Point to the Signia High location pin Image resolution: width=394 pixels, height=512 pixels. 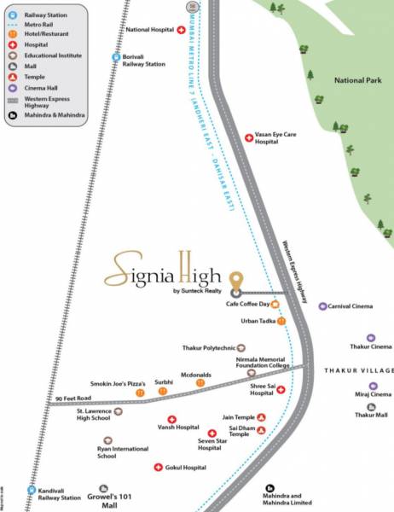click(x=237, y=280)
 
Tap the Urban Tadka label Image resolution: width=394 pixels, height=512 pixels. click(x=257, y=322)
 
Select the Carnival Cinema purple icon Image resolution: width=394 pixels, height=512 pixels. click(x=322, y=305)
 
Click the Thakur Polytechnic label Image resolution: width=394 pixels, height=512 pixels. click(x=208, y=348)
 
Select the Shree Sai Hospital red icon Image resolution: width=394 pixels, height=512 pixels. click(x=281, y=389)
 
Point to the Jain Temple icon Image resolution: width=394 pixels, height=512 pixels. click(x=261, y=417)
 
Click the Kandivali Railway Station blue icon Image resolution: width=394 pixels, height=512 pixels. click(x=32, y=491)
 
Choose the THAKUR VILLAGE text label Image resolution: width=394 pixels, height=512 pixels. click(x=358, y=371)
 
